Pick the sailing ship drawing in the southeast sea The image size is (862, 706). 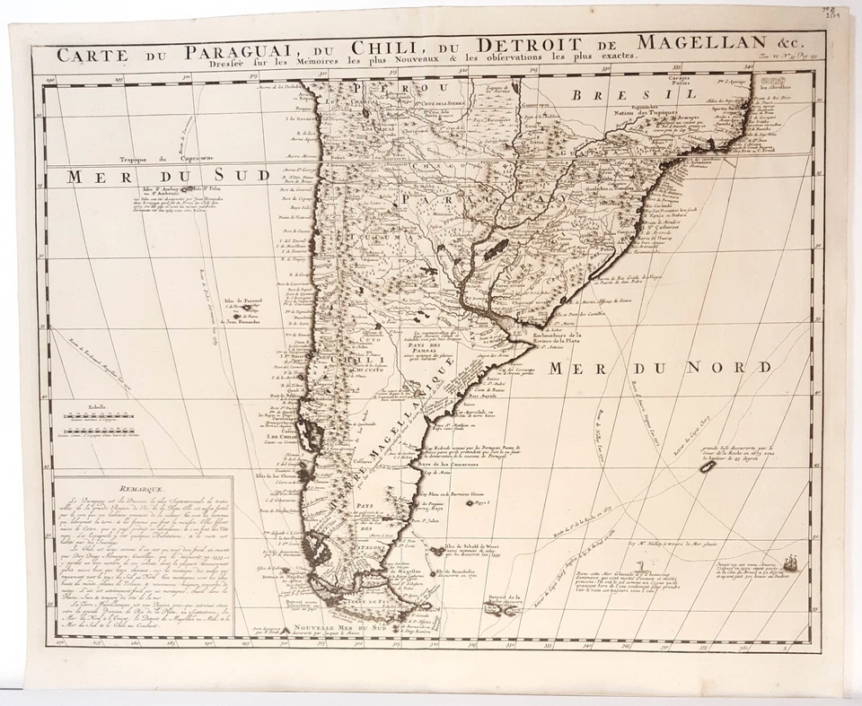pyautogui.click(x=790, y=565)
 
